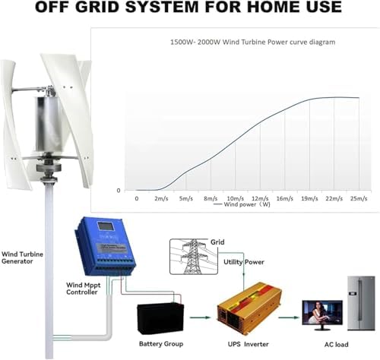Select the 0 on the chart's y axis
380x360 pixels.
click(x=117, y=190)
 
